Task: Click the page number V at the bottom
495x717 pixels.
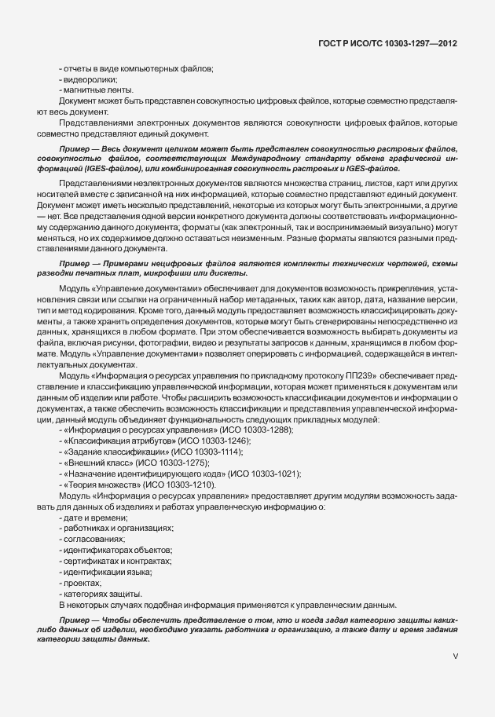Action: [456, 656]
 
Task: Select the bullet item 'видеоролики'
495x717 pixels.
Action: [90, 79]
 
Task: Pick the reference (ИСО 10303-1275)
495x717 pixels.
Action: [171, 463]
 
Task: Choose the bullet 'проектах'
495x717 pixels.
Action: [82, 583]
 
